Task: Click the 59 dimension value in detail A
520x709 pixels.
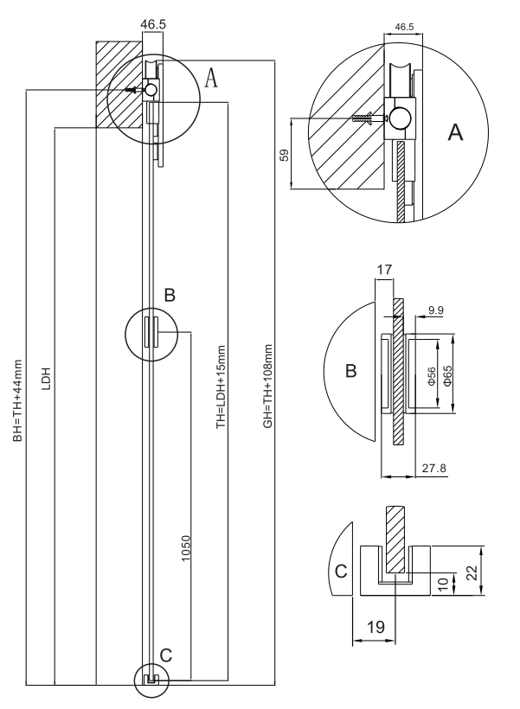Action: (x=284, y=155)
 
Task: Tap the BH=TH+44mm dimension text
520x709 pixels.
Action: (x=17, y=400)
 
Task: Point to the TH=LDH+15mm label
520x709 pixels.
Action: (x=221, y=387)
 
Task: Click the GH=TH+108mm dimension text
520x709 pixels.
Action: (x=268, y=386)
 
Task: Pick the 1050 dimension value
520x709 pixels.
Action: (x=186, y=548)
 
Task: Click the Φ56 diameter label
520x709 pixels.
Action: (x=431, y=376)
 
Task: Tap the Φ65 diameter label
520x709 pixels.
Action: (x=447, y=376)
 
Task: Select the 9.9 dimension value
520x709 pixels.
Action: (x=435, y=310)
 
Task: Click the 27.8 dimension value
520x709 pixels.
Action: (x=434, y=468)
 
